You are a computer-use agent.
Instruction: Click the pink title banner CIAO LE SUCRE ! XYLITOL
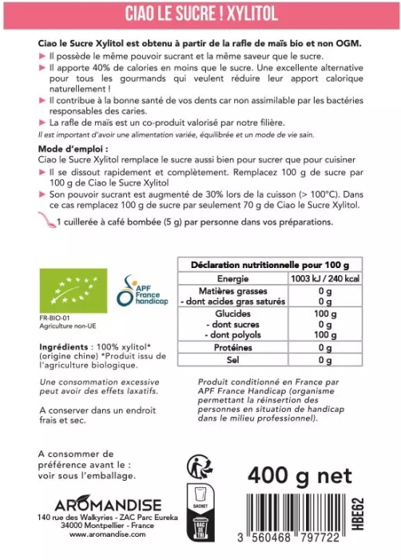pyautogui.click(x=200, y=14)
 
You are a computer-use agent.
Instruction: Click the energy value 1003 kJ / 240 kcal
pyautogui.click(x=324, y=278)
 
